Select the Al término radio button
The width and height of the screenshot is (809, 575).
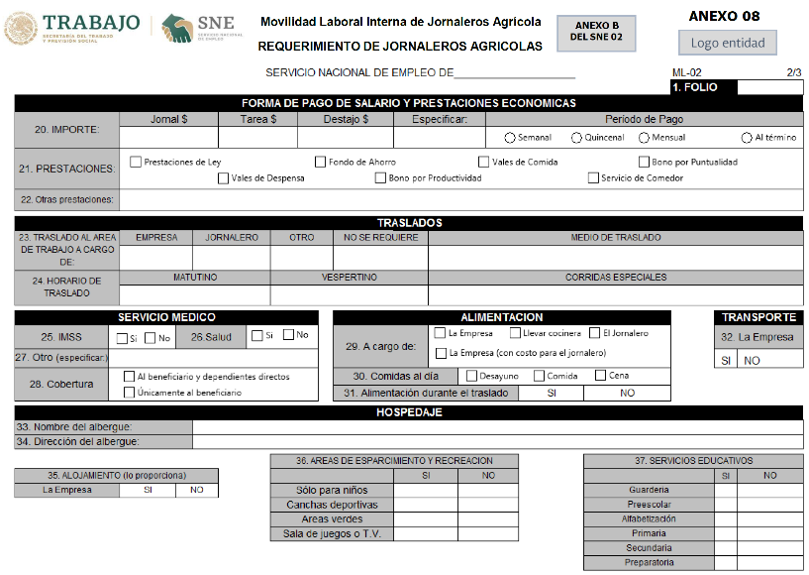[747, 138]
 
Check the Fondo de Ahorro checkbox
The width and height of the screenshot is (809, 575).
[320, 162]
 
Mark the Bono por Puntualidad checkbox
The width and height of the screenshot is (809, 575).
[644, 162]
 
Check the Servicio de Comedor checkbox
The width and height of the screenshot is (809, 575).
[593, 178]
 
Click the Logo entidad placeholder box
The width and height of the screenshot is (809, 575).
[727, 43]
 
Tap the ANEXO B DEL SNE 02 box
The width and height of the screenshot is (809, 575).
[596, 33]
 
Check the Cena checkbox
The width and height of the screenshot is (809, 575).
[600, 376]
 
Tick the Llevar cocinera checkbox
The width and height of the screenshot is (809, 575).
[515, 333]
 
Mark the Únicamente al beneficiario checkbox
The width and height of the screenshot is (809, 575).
[129, 393]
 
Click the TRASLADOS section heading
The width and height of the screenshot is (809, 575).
[409, 223]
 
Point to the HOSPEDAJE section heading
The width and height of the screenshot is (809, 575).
[409, 412]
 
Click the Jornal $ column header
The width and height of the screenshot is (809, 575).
[168, 120]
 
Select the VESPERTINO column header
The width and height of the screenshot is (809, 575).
[349, 278]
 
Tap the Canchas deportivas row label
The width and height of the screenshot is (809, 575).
[332, 505]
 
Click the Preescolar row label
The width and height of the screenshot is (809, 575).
[649, 505]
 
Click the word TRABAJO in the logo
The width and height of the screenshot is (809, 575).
[90, 23]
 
